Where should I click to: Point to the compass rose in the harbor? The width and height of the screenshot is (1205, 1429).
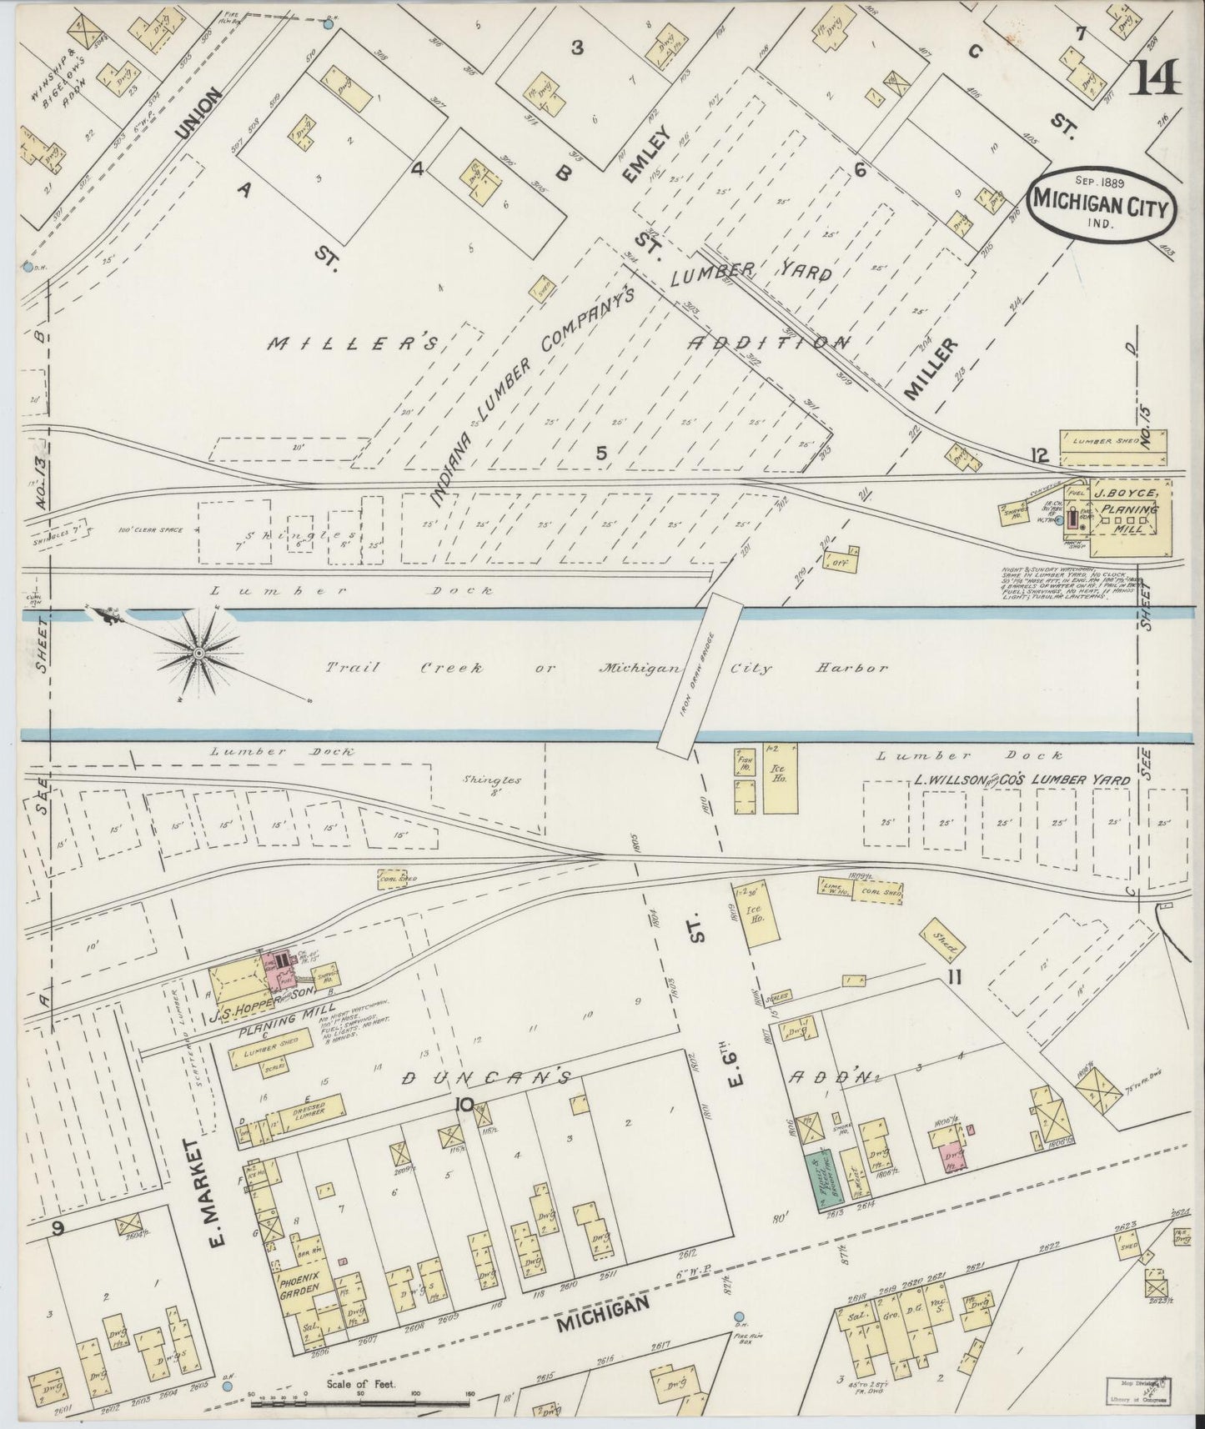200,653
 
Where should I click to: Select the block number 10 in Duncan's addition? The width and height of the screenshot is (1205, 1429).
464,1106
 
